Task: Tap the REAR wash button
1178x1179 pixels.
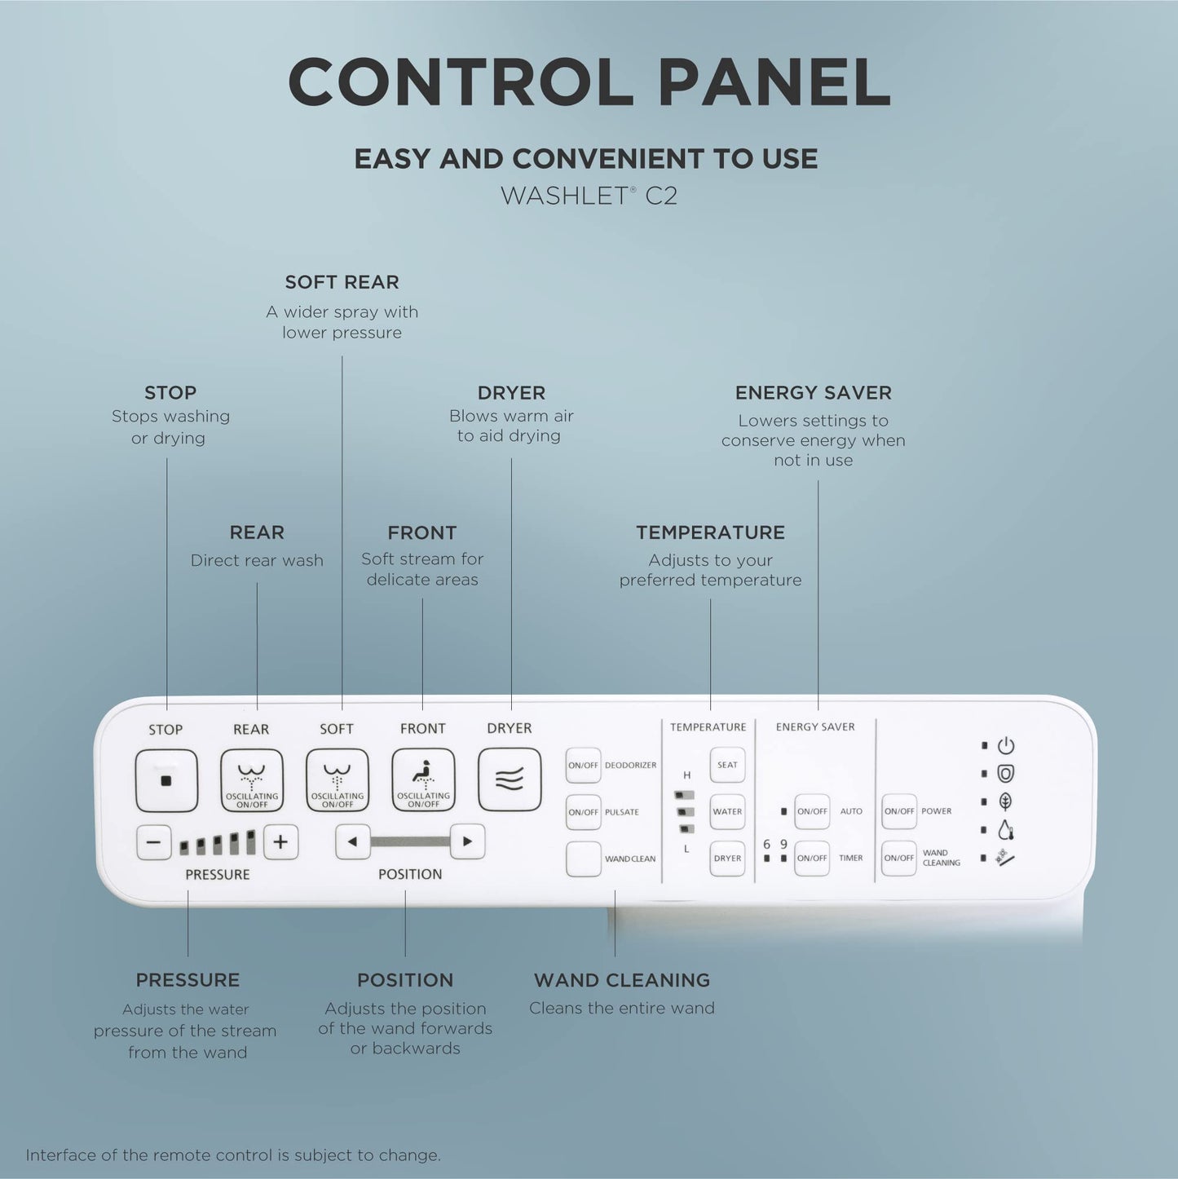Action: (252, 780)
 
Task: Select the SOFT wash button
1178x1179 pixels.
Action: (338, 780)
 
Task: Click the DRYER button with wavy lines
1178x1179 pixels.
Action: (510, 779)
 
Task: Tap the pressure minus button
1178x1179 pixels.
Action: (154, 842)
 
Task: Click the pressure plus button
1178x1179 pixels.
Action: (280, 842)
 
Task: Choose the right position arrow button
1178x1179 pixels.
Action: (467, 841)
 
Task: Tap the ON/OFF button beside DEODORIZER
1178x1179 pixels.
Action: (583, 766)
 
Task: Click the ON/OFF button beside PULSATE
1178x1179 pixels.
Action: (583, 812)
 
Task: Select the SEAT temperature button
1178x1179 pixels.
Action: (727, 765)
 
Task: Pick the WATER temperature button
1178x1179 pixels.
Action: (727, 811)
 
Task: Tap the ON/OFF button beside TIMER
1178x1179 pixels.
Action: (812, 858)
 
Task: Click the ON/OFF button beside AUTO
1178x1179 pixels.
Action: (812, 811)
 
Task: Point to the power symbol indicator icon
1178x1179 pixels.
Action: (1006, 745)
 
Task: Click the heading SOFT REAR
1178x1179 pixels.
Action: (342, 282)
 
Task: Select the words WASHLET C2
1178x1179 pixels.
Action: (589, 196)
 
